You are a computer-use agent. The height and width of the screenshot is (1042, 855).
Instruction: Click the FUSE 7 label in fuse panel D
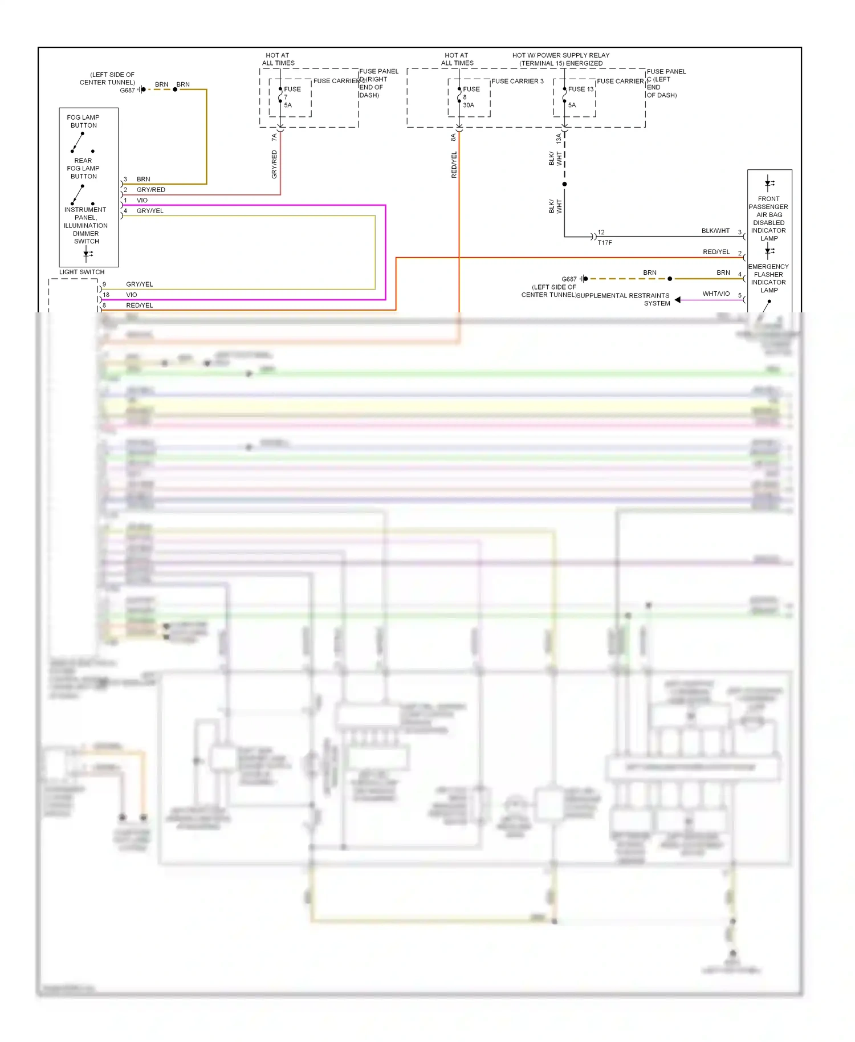coord(291,89)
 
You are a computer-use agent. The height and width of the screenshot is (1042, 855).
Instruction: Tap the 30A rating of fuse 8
coord(468,105)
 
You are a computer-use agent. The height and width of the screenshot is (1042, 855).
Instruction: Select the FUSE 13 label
coord(580,89)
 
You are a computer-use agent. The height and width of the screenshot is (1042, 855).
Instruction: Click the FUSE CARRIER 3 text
coord(517,82)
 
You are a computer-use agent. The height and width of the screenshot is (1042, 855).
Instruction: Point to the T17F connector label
coord(604,243)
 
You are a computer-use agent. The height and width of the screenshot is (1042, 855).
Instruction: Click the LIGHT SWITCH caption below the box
coord(82,272)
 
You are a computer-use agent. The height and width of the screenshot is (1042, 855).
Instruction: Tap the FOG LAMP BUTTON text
coord(83,121)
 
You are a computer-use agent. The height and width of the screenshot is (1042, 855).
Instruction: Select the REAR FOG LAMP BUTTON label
coord(83,169)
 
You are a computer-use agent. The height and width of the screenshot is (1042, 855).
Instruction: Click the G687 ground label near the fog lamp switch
coord(127,91)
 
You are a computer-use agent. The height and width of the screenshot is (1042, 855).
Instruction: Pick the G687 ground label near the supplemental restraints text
coord(568,279)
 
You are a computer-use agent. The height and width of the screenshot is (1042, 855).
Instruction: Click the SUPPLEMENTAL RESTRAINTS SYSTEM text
coord(623,299)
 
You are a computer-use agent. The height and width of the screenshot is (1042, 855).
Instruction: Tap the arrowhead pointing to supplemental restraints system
coord(677,300)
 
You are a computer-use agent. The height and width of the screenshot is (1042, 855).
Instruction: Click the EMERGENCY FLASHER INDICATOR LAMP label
coord(768,278)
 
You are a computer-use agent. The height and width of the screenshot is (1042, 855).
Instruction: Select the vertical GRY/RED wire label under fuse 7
coord(274,164)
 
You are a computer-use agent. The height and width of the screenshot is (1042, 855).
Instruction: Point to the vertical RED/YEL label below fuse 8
coord(454,165)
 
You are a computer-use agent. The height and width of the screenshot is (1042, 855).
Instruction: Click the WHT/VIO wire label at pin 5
coord(715,294)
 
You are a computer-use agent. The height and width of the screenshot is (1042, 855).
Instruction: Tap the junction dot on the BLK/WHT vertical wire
coord(564,184)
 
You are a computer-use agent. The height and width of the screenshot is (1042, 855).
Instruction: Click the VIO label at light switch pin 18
coord(131,295)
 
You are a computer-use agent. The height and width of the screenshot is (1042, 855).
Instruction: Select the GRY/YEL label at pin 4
coord(150,211)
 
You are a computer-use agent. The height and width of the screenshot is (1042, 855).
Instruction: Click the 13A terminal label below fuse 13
coord(559,138)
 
